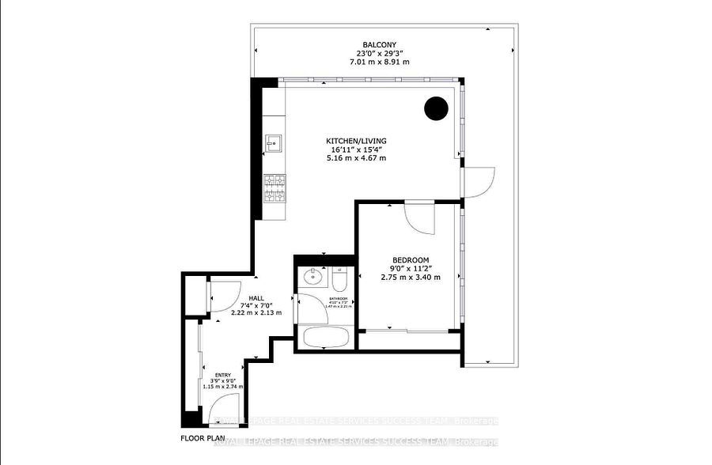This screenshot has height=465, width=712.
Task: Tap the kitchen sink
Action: [x=275, y=144]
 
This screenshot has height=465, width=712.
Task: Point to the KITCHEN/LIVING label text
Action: [x=358, y=141]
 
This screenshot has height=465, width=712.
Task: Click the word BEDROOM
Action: [x=411, y=260]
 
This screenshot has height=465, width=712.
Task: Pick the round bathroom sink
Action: [x=313, y=277]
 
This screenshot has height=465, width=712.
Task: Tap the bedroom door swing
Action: [x=420, y=217]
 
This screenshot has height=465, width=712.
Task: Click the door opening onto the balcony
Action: [x=479, y=182]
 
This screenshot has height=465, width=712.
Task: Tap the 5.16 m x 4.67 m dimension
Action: [x=358, y=158]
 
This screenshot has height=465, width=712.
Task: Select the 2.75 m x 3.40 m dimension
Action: [x=411, y=277]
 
